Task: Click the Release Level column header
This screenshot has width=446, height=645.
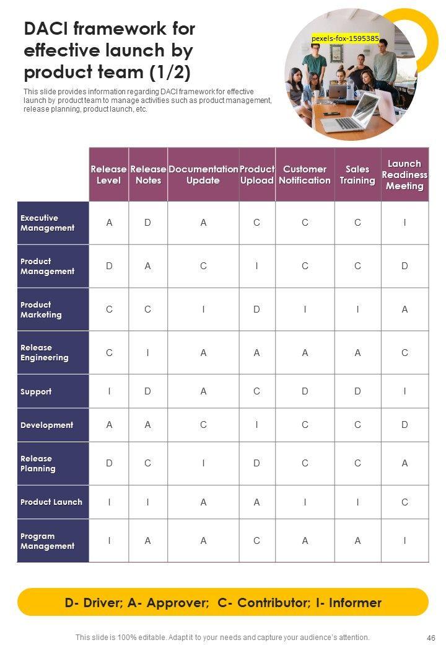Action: point(109,175)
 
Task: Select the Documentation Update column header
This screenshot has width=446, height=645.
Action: point(203,175)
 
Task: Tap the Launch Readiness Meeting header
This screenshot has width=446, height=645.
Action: point(404,175)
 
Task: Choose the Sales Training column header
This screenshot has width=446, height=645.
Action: point(357,175)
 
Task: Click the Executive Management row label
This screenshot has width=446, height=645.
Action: point(48,223)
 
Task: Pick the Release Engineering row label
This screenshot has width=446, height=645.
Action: point(45,353)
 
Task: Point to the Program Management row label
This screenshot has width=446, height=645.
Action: point(47,541)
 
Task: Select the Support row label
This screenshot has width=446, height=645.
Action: point(36,392)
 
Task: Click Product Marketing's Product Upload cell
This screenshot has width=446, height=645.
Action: point(256,309)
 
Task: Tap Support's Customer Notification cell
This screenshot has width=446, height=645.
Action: point(305,391)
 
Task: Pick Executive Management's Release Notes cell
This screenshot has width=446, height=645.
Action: point(147,223)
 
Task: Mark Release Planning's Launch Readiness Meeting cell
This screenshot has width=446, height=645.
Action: point(404,463)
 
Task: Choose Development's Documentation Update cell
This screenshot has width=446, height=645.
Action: point(203,425)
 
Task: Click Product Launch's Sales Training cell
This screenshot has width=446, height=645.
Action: point(357,502)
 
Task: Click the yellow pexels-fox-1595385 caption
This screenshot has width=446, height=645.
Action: point(345,38)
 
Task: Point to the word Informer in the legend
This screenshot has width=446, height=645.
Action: point(356,603)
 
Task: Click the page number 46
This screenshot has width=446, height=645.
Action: point(431,638)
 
